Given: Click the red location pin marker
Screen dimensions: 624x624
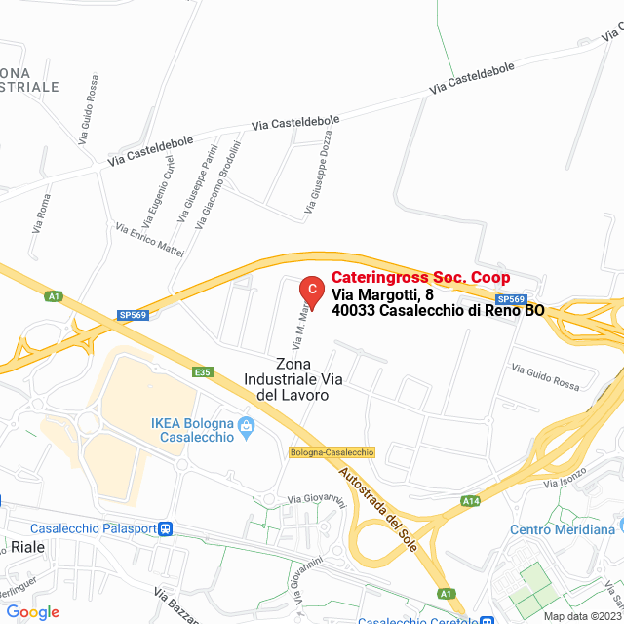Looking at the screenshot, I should (x=310, y=290).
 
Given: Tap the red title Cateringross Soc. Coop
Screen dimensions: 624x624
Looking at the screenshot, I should (x=420, y=278).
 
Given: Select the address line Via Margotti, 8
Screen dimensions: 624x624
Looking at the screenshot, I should (x=382, y=294).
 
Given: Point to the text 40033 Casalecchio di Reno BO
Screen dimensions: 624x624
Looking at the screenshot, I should (x=438, y=311).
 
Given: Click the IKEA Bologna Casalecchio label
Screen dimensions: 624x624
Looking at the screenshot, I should (x=192, y=430).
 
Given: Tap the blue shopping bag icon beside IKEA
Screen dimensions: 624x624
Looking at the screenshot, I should (x=246, y=424).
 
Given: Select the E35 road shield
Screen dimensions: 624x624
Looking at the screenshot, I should (x=203, y=371).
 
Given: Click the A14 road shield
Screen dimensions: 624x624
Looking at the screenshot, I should (x=471, y=501).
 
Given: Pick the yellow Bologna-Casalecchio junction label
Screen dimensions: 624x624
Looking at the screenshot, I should (x=331, y=452).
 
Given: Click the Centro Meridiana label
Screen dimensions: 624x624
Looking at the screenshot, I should (x=563, y=529).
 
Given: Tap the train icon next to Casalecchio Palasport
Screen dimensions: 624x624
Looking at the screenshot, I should (x=167, y=529).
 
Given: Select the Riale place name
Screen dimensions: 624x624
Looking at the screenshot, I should (x=27, y=547).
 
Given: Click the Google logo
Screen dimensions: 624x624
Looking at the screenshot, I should (x=32, y=612).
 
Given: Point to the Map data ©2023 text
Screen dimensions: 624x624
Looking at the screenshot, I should (x=581, y=615).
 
